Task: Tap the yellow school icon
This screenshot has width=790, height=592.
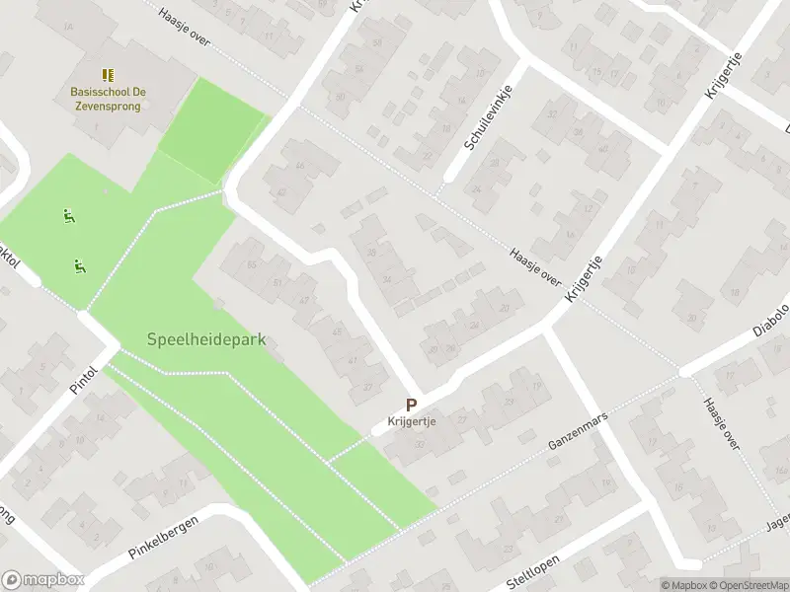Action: click(x=108, y=75)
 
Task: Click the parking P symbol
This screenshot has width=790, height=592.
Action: click(x=411, y=405)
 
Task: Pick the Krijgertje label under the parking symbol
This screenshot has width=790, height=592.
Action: click(x=411, y=421)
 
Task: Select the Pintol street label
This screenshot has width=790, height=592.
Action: click(x=86, y=377)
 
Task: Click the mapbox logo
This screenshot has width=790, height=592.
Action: click(x=42, y=580)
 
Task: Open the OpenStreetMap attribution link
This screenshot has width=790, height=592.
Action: click(x=749, y=584)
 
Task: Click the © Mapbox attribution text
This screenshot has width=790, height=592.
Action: click(x=685, y=584)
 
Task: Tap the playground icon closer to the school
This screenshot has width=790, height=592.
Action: click(x=68, y=215)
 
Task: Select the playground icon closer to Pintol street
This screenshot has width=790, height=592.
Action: click(x=77, y=264)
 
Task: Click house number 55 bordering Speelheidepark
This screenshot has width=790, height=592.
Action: click(x=252, y=265)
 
